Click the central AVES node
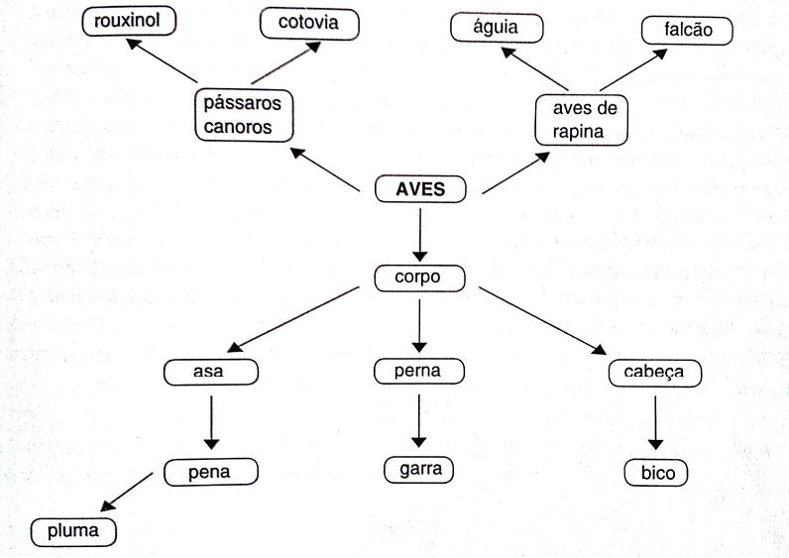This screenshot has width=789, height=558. tap(421, 189)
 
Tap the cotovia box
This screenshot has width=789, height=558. tap(308, 23)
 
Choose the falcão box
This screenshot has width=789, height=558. tap(686, 31)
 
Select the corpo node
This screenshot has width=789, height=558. tap(420, 278)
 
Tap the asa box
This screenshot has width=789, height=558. tap(211, 373)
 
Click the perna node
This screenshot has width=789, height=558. tap(420, 372)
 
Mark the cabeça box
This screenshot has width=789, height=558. tap(654, 373)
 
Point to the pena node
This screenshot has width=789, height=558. tap(209, 473)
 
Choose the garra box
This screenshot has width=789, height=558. tap(420, 469)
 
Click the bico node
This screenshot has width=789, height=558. tap(657, 473)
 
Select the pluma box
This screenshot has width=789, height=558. tap(73, 531)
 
